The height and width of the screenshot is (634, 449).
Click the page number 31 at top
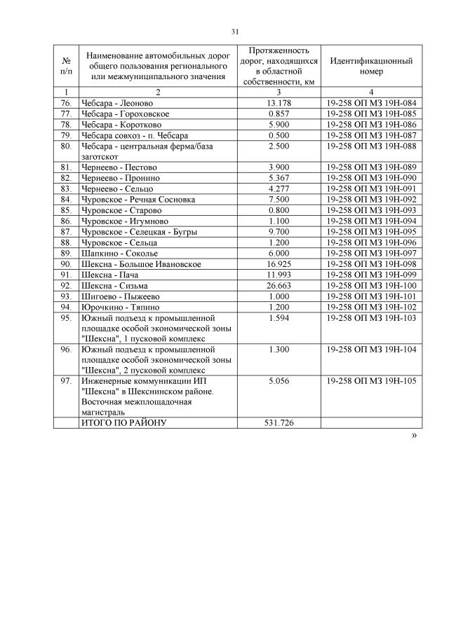(x=235, y=32)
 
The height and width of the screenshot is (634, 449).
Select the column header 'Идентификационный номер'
(x=371, y=66)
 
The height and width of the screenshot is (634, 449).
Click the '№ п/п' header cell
(x=66, y=66)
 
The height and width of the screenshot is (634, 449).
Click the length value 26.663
(x=279, y=286)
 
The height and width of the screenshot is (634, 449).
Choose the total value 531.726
(x=279, y=423)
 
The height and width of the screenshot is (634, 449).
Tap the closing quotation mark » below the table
(x=414, y=436)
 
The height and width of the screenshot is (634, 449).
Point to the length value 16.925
(x=279, y=264)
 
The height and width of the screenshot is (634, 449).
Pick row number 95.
(x=66, y=318)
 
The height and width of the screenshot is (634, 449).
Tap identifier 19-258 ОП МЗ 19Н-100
(x=371, y=286)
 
